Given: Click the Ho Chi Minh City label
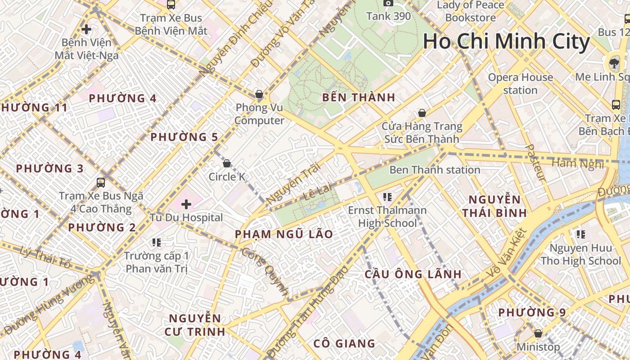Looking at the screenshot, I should pyautogui.click(x=506, y=42).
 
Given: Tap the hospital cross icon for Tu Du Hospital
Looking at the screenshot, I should pyautogui.click(x=186, y=205).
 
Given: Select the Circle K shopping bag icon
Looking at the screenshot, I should pyautogui.click(x=227, y=163).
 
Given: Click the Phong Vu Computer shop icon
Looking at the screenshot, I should pyautogui.click(x=259, y=94).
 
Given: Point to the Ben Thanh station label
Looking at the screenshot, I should pyautogui.click(x=434, y=170).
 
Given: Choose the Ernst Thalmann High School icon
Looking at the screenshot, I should pyautogui.click(x=387, y=197).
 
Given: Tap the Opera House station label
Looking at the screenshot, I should pyautogui.click(x=520, y=84).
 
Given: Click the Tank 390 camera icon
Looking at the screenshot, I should pyautogui.click(x=388, y=3).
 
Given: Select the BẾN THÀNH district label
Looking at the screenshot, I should pyautogui.click(x=359, y=97).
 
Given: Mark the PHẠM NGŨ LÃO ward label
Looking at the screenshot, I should pyautogui.click(x=284, y=234).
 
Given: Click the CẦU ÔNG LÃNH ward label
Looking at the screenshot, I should pyautogui.click(x=413, y=274).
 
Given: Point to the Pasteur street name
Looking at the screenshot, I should pyautogui.click(x=535, y=163).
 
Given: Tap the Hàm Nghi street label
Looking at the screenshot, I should pyautogui.click(x=578, y=163).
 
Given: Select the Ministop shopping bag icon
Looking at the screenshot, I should pyautogui.click(x=538, y=333).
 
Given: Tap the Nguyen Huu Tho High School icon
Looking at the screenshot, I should pyautogui.click(x=580, y=234).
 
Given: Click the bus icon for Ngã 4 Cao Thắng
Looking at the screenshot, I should pyautogui.click(x=101, y=183).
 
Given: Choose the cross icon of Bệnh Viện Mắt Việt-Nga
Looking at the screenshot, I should pyautogui.click(x=86, y=30).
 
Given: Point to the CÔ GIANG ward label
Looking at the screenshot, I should pyautogui.click(x=344, y=343).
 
